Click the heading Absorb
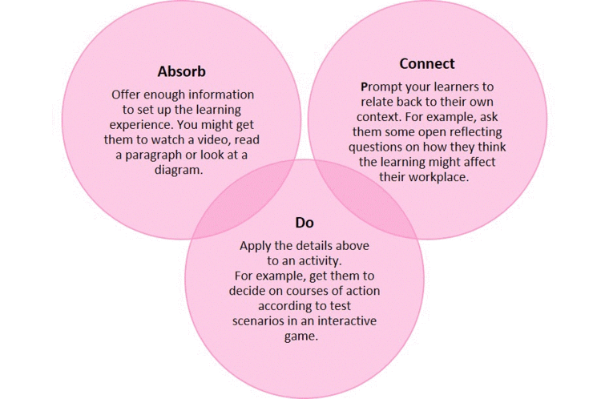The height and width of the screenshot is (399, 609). coord(181,71)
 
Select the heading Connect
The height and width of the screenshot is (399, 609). coord(427,64)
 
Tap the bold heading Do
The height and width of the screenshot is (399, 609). coord(304,223)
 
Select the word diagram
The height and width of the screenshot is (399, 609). coord(179,171)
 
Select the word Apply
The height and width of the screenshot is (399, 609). coord(255,246)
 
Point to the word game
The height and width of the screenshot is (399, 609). coord(301,337)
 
